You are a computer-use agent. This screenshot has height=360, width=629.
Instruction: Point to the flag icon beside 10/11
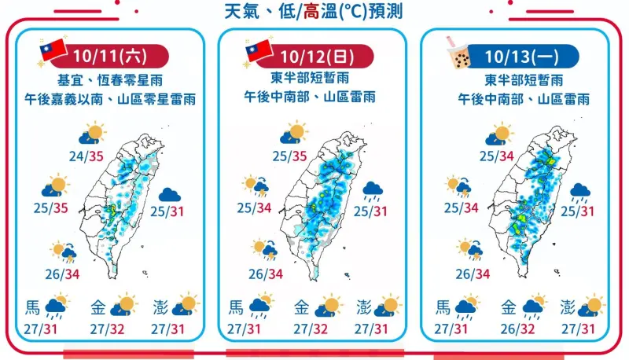[x=55, y=52]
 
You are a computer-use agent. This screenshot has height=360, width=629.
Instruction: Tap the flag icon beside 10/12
[x=259, y=52]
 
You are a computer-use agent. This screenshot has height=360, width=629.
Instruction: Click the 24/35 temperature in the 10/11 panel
[x=87, y=156]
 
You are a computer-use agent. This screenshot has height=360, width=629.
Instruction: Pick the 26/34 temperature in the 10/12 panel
[x=265, y=274]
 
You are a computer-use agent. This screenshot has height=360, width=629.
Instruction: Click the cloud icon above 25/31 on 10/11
[x=169, y=194]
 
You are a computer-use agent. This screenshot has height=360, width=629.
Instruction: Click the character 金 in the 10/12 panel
[x=301, y=307]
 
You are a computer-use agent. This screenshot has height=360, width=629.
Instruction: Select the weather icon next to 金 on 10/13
[x=536, y=306]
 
